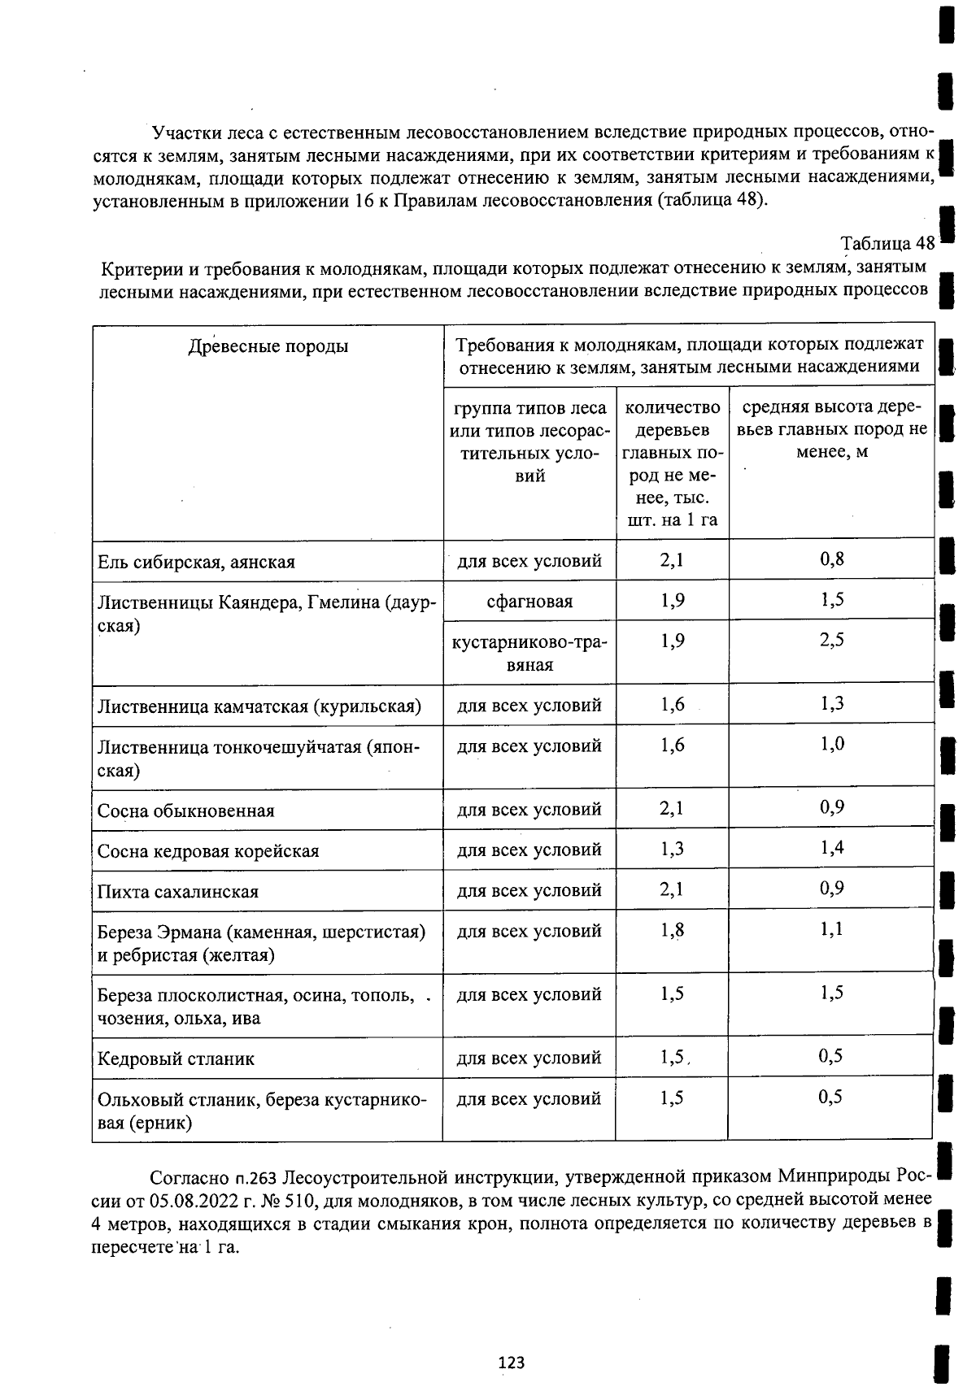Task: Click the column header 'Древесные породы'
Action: (x=268, y=347)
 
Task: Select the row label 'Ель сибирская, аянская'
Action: (x=196, y=562)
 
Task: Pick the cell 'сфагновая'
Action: (x=529, y=602)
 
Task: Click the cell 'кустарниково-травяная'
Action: (x=529, y=653)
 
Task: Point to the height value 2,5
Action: (x=832, y=641)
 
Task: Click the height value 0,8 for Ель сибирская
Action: (x=832, y=559)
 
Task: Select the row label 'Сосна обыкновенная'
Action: (x=186, y=811)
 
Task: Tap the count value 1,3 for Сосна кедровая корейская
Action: (x=672, y=850)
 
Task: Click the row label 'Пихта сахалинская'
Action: (x=178, y=892)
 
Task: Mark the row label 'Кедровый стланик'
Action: (x=176, y=1058)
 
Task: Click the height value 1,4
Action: (x=832, y=849)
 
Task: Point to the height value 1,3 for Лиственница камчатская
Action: (x=832, y=704)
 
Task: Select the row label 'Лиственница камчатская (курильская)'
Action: (x=259, y=706)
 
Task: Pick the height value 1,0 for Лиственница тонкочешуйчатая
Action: (x=832, y=744)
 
